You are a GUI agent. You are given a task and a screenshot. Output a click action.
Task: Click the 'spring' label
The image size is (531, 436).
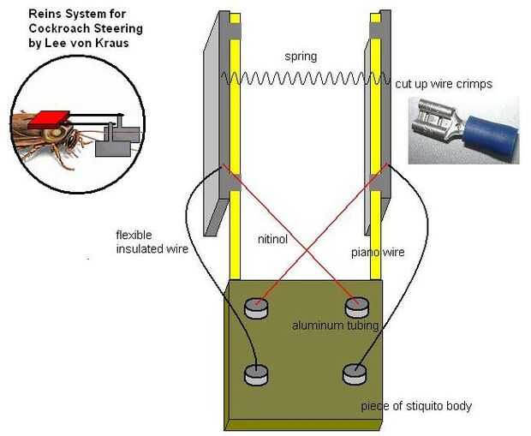click(301, 57)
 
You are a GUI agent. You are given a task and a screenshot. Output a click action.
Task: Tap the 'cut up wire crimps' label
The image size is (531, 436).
click(444, 84)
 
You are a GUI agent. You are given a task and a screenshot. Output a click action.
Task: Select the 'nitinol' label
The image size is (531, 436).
click(272, 239)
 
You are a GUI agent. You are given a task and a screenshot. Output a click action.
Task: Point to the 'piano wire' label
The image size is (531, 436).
click(378, 253)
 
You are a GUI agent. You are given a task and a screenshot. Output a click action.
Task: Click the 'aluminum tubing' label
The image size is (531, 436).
click(335, 326)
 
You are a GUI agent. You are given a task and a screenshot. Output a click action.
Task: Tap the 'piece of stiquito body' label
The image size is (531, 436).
click(416, 406)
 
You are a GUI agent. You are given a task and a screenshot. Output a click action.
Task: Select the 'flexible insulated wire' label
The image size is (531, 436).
click(152, 242)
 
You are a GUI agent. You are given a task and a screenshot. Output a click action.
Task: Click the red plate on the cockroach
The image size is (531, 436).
click(49, 120)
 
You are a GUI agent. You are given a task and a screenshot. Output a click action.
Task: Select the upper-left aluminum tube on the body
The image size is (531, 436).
click(256, 308)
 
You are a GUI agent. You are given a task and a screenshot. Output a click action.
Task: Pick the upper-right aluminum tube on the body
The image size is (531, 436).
click(357, 308)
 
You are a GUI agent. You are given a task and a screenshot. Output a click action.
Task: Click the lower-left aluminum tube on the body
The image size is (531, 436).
click(256, 375)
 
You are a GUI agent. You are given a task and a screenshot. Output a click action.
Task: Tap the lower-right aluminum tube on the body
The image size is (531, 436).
click(355, 374)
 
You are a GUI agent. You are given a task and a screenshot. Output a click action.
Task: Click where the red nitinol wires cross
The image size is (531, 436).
click(307, 251)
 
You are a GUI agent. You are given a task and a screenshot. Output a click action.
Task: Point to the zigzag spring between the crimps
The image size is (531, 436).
click(306, 78)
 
